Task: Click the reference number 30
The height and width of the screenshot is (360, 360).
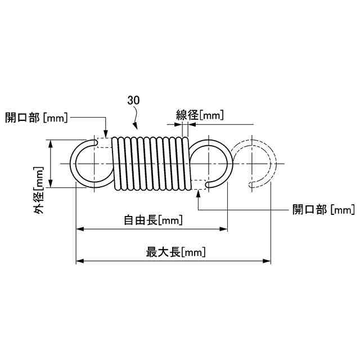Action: point(134,100)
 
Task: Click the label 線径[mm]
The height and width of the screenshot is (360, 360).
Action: point(200,115)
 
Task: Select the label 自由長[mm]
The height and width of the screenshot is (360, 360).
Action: point(153,220)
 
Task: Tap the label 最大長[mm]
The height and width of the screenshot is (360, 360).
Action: point(175,252)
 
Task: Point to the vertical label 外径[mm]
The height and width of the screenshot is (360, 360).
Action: point(39,190)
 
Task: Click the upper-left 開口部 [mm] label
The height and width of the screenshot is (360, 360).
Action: point(37,118)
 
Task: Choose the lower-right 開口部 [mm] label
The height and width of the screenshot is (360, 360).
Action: point(323,209)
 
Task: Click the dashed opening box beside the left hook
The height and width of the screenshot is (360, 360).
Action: point(105,142)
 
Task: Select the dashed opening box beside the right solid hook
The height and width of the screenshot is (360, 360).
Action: point(199,184)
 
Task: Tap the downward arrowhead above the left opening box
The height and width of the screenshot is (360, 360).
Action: point(106,134)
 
